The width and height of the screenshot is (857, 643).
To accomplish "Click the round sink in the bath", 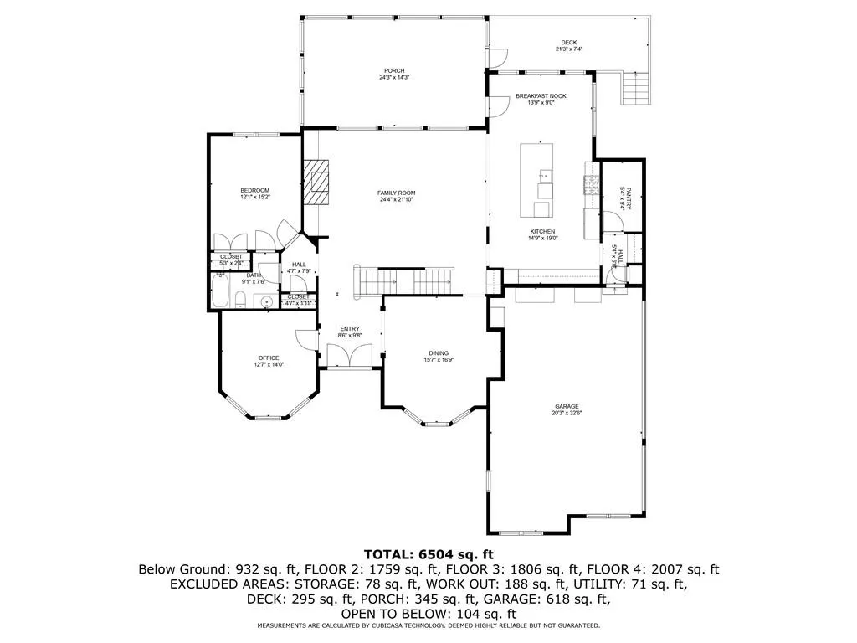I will click(x=267, y=301).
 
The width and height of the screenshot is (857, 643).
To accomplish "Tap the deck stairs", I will click(x=635, y=88).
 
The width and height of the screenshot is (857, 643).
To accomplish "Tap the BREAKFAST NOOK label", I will click(x=541, y=96).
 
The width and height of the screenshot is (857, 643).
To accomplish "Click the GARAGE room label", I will click(x=566, y=406).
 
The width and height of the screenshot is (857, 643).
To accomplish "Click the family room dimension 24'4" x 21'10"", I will click(x=397, y=200).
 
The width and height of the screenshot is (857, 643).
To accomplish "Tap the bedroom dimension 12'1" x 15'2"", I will click(x=254, y=197).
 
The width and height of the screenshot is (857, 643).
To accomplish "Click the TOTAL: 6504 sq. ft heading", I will click(x=428, y=554).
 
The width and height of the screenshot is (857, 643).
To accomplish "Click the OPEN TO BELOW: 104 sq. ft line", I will click(x=428, y=613).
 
